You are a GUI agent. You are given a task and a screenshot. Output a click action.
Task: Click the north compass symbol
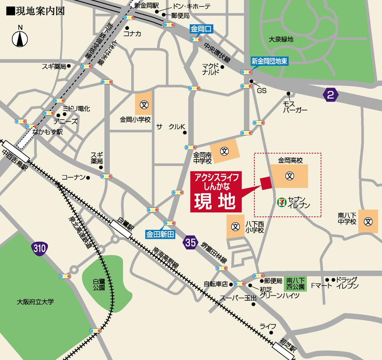tap(20, 37)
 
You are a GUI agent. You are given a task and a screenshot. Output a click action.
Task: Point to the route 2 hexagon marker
tap(331, 94)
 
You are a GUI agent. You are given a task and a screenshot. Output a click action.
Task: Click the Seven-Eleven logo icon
tap(281, 201)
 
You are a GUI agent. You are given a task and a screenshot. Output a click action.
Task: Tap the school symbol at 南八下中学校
tap(368, 221)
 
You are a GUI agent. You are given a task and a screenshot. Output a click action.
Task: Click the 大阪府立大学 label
tap(36, 302)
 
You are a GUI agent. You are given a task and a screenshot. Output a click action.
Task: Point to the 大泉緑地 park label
tap(280, 39)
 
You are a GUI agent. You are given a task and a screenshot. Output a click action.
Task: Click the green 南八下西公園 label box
tap(295, 283)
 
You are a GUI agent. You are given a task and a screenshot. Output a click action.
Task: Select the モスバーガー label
tap(295, 107)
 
